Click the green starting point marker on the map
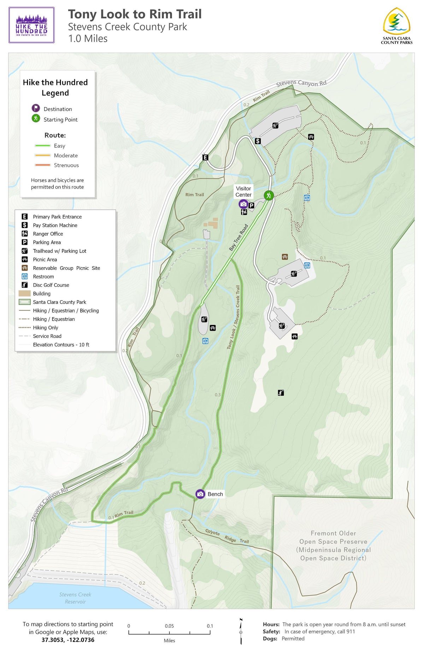(x=269, y=195)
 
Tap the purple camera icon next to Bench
(x=200, y=494)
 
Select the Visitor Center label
(x=243, y=192)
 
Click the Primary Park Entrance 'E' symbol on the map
(x=205, y=157)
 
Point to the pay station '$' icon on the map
(x=258, y=141)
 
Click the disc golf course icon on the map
(x=281, y=393)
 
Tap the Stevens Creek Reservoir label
(x=75, y=598)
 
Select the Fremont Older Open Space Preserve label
(x=333, y=546)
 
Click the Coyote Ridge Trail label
(x=227, y=536)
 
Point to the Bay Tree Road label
(x=238, y=238)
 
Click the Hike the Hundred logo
(x=31, y=25)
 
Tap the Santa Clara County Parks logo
(x=396, y=26)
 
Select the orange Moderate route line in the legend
(x=43, y=155)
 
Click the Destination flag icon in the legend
(x=36, y=108)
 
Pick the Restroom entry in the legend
(x=43, y=277)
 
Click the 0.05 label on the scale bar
(x=169, y=626)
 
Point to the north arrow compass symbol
(x=241, y=632)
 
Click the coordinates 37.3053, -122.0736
(x=68, y=640)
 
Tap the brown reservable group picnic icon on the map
(x=285, y=257)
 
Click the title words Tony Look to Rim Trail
(x=135, y=14)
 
